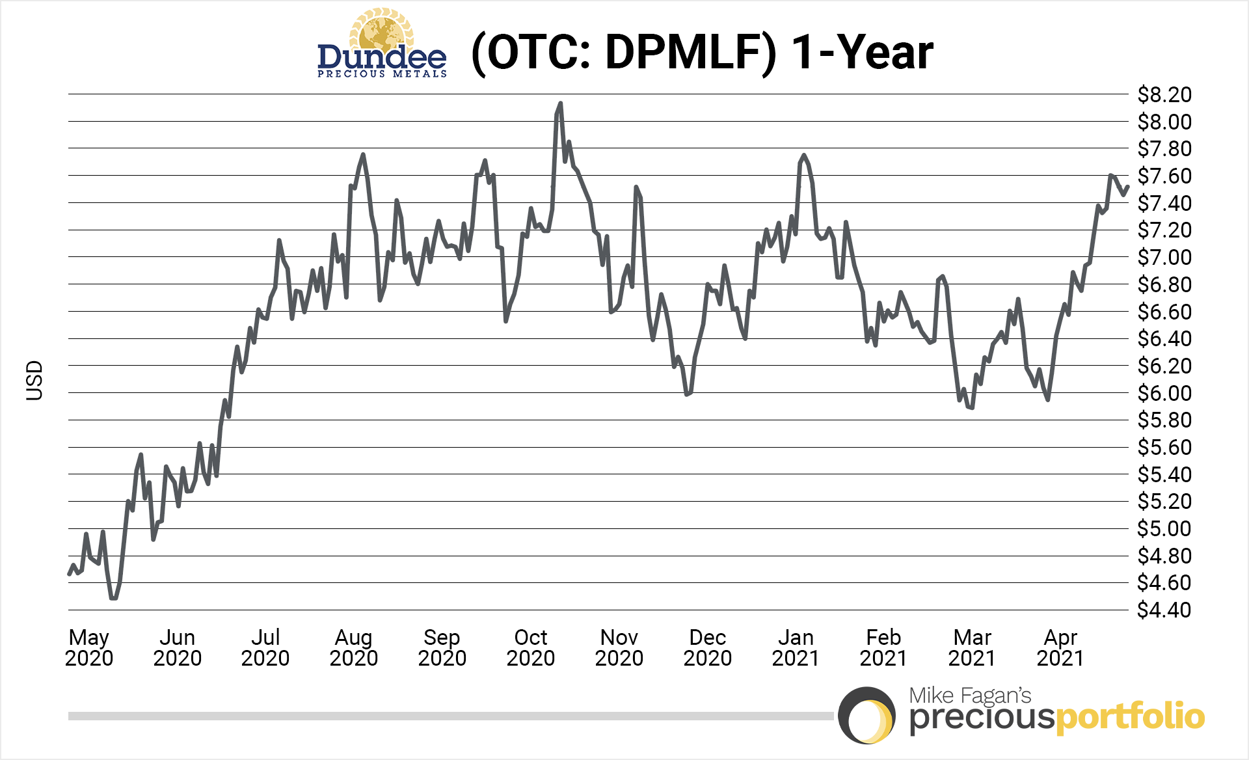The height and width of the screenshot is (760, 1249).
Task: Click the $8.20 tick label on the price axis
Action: [1164, 95]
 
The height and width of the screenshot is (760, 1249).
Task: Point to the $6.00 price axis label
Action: [1164, 393]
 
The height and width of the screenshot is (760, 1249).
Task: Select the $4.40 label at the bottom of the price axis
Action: [1164, 610]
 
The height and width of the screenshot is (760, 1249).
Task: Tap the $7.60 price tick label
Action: [1164, 176]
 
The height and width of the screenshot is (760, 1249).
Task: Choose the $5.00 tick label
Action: [1164, 529]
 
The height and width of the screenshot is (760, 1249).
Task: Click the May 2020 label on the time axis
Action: [89, 647]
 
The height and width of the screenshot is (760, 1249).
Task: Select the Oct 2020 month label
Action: [531, 647]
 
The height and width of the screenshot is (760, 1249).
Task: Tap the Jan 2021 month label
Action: [796, 647]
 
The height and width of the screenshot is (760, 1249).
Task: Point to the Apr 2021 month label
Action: [1060, 647]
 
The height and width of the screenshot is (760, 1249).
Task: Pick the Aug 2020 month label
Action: [354, 647]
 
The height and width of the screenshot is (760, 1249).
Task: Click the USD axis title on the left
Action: [34, 381]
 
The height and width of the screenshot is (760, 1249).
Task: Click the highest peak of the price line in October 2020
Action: [560, 103]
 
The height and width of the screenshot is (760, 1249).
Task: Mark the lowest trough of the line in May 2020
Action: [114, 597]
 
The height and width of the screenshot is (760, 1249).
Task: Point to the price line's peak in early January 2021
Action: [804, 156]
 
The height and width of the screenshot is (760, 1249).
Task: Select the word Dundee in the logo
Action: [382, 57]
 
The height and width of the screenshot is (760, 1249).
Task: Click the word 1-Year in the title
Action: [862, 52]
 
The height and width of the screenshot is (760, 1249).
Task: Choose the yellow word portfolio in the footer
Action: [1130, 717]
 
